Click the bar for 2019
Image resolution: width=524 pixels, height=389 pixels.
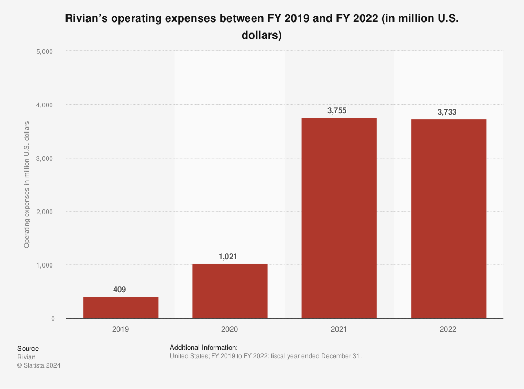(x=121, y=308)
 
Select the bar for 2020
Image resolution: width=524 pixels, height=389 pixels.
(x=230, y=291)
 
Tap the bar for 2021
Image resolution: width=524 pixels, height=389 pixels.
(x=339, y=218)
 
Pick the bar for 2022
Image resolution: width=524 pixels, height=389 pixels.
(x=449, y=219)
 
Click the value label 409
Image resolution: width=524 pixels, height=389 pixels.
(x=120, y=290)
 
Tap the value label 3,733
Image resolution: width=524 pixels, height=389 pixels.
(x=448, y=112)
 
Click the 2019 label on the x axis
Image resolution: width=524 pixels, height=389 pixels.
(x=121, y=330)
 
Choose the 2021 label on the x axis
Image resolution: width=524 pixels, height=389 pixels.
(x=339, y=330)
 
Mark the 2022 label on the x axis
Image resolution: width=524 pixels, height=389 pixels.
(x=449, y=330)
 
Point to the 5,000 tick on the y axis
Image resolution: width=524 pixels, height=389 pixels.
(x=46, y=51)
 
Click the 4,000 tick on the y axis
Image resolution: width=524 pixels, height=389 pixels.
(x=46, y=105)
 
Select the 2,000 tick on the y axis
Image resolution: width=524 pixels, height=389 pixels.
(x=46, y=212)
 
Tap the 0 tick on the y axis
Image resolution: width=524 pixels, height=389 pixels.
(x=53, y=318)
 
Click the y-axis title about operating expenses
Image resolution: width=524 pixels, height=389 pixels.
(x=26, y=184)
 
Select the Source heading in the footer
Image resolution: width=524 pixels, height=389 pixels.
(x=28, y=349)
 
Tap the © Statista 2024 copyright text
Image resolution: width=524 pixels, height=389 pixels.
(x=39, y=366)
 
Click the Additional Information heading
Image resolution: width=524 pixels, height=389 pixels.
(x=204, y=348)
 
